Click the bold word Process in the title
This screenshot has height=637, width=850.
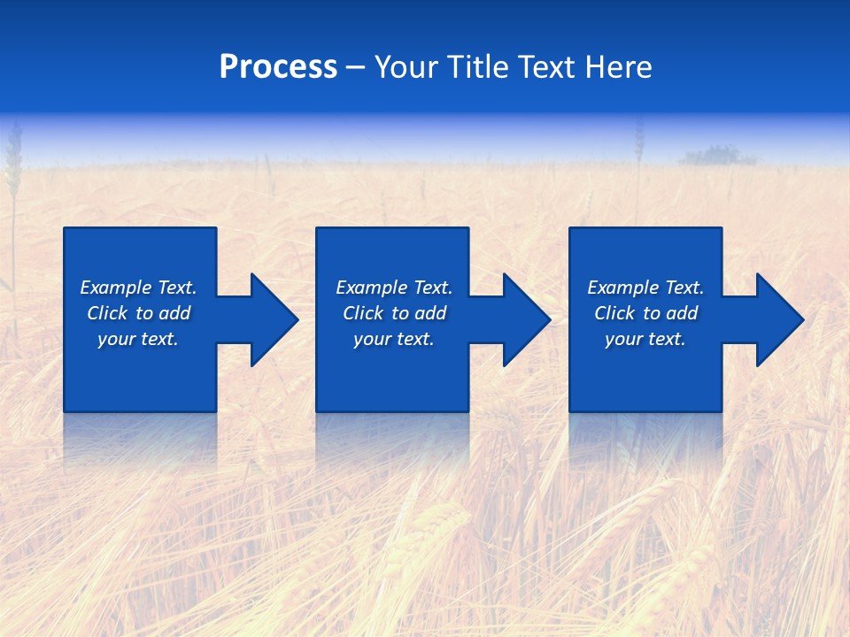click(x=278, y=67)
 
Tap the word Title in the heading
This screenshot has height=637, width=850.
click(x=476, y=67)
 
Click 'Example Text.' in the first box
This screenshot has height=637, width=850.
click(x=138, y=288)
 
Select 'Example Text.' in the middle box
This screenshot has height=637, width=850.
click(x=394, y=288)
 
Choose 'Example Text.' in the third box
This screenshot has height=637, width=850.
click(x=645, y=288)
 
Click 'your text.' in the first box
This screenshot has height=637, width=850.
click(x=138, y=339)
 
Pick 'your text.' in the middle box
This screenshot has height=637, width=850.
click(x=394, y=339)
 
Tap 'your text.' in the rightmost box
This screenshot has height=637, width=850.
click(x=645, y=339)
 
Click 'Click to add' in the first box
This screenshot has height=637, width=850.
click(x=138, y=313)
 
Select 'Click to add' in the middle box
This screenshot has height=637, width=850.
click(x=394, y=313)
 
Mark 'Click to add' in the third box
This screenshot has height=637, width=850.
click(x=645, y=313)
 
